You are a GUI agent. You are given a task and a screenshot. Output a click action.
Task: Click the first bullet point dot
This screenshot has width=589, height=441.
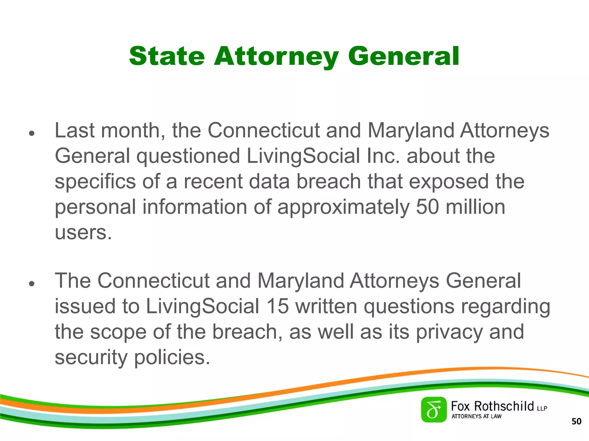pos(32,134)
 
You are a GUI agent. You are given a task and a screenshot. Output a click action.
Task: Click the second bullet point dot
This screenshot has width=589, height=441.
pos(32,284)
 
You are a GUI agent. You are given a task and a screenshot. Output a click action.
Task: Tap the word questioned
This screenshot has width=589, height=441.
pos(188,156)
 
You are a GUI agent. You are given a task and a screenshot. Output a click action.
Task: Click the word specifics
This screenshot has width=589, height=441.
pos(95,182)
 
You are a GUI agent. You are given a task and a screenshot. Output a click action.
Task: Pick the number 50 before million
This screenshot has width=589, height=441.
pos(427,207)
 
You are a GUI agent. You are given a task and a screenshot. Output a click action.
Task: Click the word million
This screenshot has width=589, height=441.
pos(475,207)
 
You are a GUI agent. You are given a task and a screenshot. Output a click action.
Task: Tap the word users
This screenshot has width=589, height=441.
pos(83,233)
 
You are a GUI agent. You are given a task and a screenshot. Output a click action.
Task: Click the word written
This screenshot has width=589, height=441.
pos(326,306)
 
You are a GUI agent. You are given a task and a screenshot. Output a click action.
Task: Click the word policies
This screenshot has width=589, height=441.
pos(172,357)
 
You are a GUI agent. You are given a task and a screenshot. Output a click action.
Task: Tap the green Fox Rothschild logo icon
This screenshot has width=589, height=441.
pos(434,410)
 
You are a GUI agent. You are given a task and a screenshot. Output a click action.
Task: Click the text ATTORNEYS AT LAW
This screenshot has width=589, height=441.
pos(476,416)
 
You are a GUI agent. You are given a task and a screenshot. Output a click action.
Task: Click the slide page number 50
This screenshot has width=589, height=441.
pos(576,421)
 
